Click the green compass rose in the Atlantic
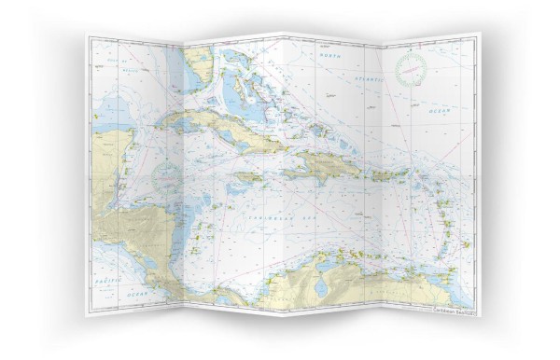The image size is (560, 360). pyautogui.click(x=410, y=67)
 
